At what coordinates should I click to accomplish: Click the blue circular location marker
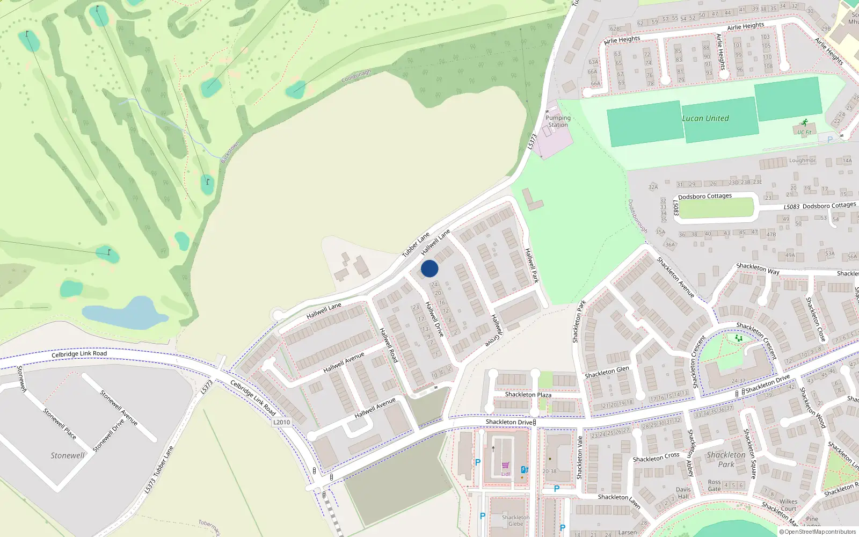429,268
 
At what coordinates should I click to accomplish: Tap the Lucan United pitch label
705,118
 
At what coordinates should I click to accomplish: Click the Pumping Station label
558,121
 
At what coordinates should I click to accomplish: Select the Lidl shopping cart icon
505,466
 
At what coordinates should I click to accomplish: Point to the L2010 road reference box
281,422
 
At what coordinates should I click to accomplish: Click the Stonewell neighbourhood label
68,455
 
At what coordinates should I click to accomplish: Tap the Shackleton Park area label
726,460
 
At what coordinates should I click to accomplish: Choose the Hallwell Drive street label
434,319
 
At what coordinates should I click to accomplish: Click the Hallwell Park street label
532,265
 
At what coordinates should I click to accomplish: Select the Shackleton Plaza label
528,395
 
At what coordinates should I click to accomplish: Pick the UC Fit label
804,132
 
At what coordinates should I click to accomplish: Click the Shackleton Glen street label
607,372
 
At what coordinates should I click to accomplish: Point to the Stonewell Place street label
60,424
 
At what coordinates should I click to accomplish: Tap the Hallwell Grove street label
494,330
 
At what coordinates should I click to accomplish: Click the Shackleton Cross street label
656,457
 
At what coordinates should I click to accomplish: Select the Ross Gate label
714,485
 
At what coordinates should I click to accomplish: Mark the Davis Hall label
683,493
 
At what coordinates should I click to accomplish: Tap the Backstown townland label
230,153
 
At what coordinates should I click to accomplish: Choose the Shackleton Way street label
758,268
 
